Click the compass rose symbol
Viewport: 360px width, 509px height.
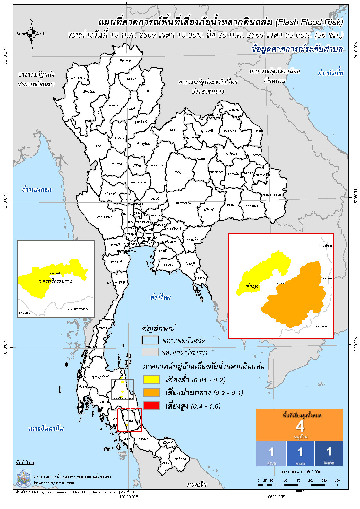point(31,33)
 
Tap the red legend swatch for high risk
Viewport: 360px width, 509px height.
point(151,406)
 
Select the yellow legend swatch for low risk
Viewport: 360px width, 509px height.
point(151,379)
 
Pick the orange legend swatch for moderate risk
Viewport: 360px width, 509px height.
point(151,393)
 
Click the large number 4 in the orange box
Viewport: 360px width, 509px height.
point(300,426)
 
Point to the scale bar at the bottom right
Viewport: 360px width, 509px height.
point(297,485)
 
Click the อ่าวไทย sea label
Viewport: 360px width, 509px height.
point(160,297)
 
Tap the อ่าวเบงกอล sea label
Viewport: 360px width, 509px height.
point(37,189)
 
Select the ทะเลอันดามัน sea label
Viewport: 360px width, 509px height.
point(46,428)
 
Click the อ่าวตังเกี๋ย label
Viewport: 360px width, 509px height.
point(330,73)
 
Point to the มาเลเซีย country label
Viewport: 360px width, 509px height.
point(196,485)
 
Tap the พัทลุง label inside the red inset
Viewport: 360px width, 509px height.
point(252,286)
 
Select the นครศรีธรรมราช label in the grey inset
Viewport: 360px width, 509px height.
point(56,281)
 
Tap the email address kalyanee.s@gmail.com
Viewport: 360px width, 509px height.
point(54,483)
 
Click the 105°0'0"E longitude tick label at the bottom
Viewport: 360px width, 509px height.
point(275,497)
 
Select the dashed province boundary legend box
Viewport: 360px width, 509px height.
point(150,340)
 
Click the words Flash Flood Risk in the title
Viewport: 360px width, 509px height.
point(310,22)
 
